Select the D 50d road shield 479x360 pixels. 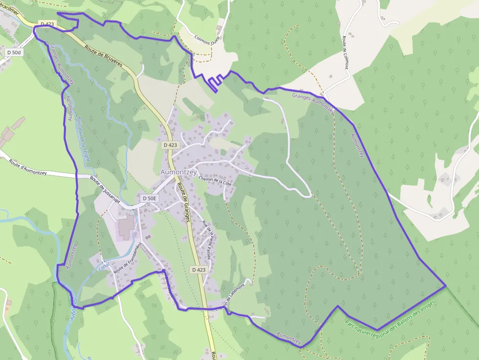(15, 52)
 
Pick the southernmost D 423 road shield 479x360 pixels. (199, 270)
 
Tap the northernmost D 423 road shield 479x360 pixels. (47, 24)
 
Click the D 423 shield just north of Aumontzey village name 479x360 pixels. (171, 145)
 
